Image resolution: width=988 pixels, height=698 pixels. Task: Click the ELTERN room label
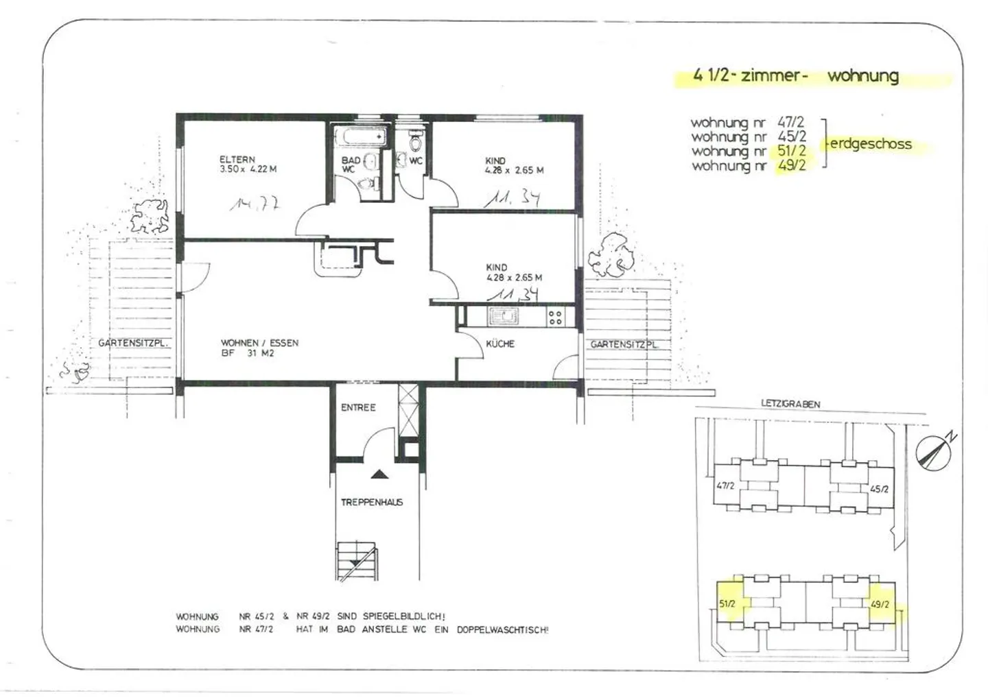click(237, 160)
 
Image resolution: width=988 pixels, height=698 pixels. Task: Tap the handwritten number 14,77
click(255, 204)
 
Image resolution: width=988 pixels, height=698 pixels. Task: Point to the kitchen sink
click(506, 317)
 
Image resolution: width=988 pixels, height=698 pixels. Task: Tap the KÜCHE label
click(500, 344)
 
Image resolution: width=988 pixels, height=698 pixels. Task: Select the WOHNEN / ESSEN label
click(259, 343)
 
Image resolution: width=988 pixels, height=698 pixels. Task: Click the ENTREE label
click(358, 407)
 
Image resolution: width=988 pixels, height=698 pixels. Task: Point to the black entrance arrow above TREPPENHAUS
click(378, 474)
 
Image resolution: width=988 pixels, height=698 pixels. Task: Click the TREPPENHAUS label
click(372, 503)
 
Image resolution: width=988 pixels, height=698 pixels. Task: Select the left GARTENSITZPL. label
click(134, 344)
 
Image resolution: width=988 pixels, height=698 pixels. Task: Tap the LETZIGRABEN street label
click(790, 405)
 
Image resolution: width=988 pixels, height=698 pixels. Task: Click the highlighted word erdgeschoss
click(871, 144)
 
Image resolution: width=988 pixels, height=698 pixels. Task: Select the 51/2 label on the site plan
click(727, 604)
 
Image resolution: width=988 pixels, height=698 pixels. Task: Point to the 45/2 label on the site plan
click(879, 489)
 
